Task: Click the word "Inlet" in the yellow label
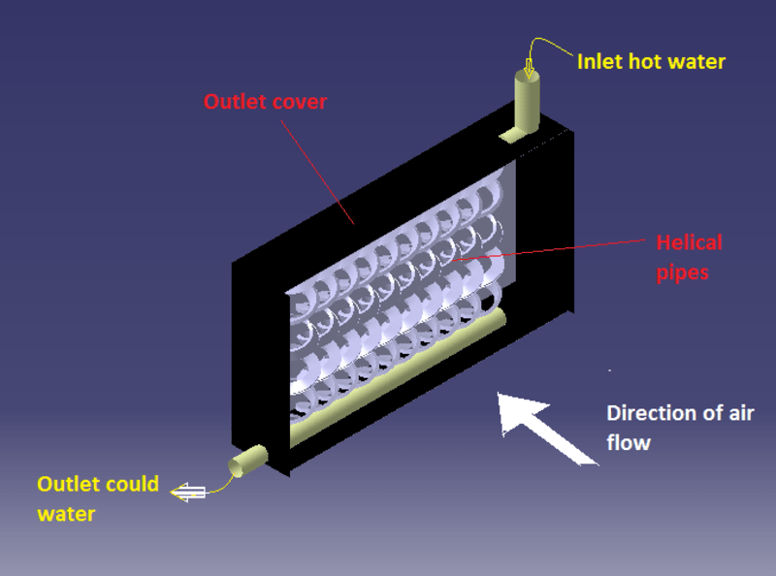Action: click(x=599, y=61)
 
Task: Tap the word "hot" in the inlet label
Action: click(x=643, y=61)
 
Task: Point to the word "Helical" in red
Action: click(x=690, y=242)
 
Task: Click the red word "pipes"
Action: click(x=683, y=272)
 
